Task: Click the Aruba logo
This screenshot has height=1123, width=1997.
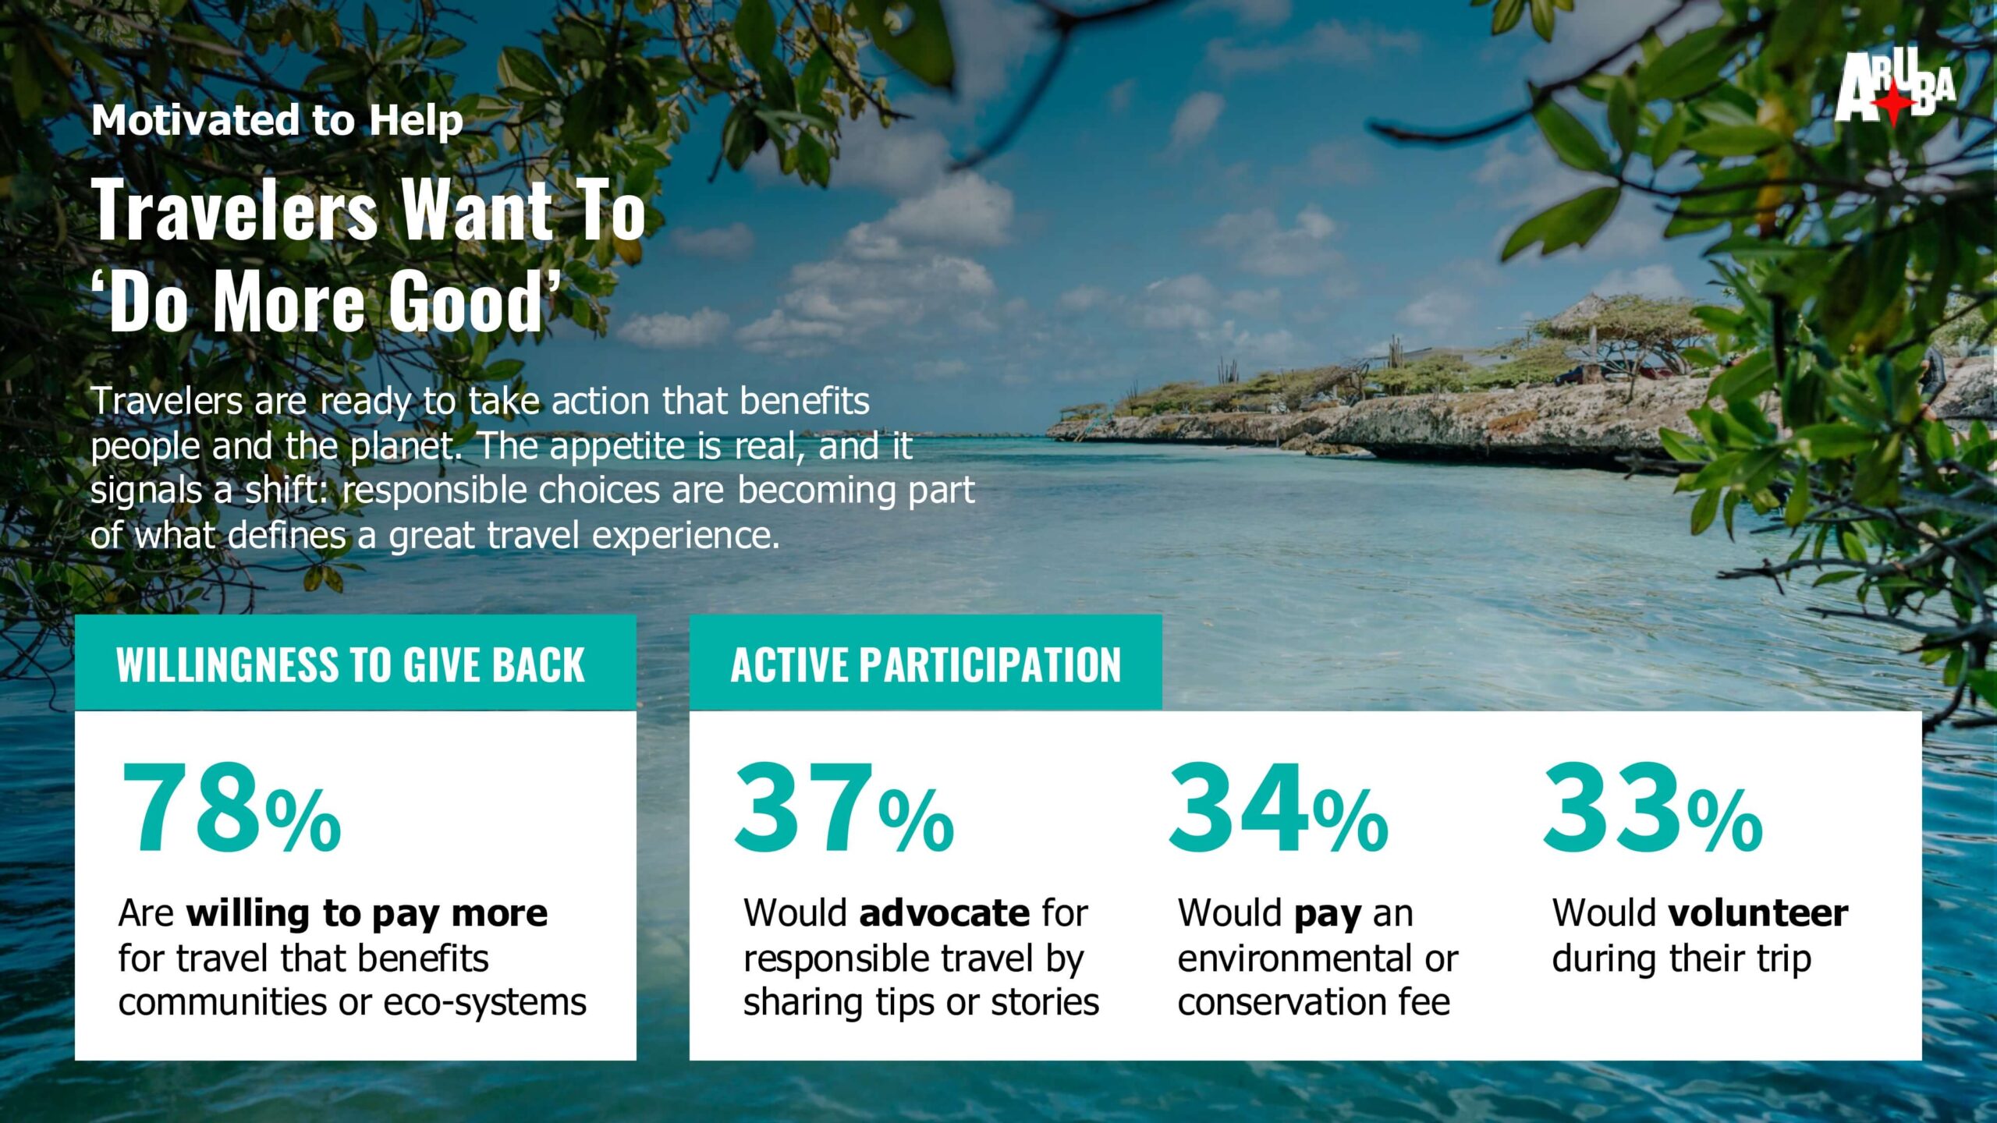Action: tap(1895, 87)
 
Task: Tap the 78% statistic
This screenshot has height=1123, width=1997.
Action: tap(231, 808)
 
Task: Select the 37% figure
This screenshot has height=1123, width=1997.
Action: tap(844, 808)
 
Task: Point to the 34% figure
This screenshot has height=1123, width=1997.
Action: tap(1279, 808)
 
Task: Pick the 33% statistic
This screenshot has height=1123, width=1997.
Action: tap(1653, 808)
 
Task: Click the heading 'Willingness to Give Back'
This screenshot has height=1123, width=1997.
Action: tap(350, 665)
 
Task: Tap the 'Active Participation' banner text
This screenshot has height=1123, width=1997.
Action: tap(926, 665)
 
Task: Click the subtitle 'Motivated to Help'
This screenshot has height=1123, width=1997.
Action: tap(277, 121)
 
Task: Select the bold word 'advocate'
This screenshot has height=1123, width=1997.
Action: tap(945, 912)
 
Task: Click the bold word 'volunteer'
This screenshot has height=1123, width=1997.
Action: tap(1758, 912)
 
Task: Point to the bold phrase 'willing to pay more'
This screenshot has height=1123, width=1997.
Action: tap(367, 914)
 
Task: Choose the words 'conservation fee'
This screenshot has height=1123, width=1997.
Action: tap(1314, 1002)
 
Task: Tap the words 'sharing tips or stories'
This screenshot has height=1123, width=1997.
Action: tap(921, 1004)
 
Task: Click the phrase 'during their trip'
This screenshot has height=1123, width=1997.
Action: tap(1682, 959)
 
